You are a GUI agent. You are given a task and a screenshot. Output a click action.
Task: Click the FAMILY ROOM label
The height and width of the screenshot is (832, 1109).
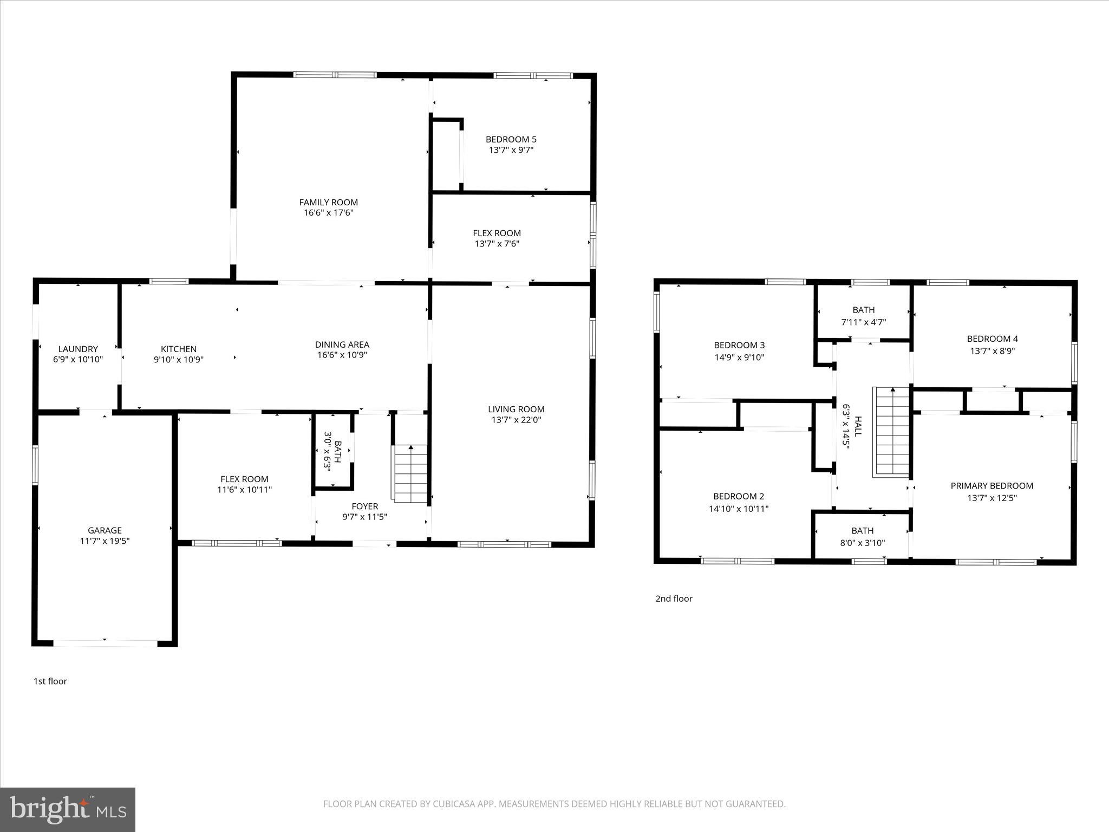pyautogui.click(x=328, y=202)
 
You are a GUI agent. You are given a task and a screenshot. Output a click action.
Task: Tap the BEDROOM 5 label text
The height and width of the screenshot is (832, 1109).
pyautogui.click(x=511, y=139)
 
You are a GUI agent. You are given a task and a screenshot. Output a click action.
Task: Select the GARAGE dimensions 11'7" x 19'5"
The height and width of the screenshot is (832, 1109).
pyautogui.click(x=105, y=541)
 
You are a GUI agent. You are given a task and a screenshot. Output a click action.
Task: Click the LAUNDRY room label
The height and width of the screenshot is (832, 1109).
pyautogui.click(x=78, y=349)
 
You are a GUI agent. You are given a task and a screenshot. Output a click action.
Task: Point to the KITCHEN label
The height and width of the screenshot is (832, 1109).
pyautogui.click(x=179, y=349)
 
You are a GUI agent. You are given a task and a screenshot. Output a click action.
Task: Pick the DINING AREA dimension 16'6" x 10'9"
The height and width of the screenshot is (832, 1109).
pyautogui.click(x=342, y=355)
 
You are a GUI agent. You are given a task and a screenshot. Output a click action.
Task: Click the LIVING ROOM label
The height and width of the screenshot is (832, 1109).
pyautogui.click(x=516, y=409)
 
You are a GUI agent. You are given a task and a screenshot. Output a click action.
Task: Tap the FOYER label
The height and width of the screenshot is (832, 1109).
pyautogui.click(x=364, y=506)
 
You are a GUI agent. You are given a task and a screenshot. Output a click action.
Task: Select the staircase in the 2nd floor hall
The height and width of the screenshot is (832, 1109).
pyautogui.click(x=891, y=432)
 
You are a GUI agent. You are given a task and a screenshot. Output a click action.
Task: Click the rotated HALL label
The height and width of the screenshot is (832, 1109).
pyautogui.click(x=857, y=426)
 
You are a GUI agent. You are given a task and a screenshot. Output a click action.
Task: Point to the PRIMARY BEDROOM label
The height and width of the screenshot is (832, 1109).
pyautogui.click(x=991, y=485)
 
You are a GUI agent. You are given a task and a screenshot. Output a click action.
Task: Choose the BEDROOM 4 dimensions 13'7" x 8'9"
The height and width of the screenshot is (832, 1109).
pyautogui.click(x=992, y=350)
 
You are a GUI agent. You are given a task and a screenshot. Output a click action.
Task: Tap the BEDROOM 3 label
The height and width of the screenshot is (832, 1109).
pyautogui.click(x=739, y=345)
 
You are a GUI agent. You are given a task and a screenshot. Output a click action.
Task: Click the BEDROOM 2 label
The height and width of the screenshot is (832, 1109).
pyautogui.click(x=739, y=496)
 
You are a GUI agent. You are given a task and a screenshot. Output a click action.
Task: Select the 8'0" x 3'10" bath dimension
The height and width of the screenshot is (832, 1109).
pyautogui.click(x=862, y=542)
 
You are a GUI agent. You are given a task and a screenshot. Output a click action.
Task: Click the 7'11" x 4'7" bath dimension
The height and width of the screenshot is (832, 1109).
pyautogui.click(x=863, y=322)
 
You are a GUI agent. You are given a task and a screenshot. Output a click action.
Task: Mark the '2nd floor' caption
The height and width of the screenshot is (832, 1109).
pyautogui.click(x=674, y=599)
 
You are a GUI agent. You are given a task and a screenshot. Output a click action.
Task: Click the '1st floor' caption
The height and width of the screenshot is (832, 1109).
pyautogui.click(x=50, y=681)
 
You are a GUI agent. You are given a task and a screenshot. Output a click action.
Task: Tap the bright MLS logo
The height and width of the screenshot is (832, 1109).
pyautogui.click(x=67, y=809)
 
